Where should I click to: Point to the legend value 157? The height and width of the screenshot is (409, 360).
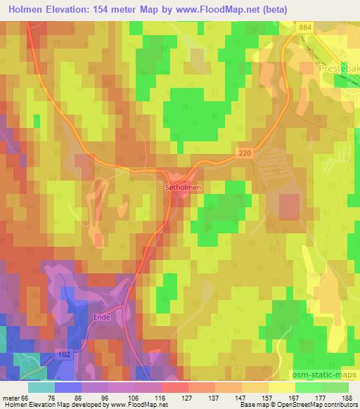click(x=269, y=398)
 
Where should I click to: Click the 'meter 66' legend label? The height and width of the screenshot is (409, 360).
click(x=14, y=398)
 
